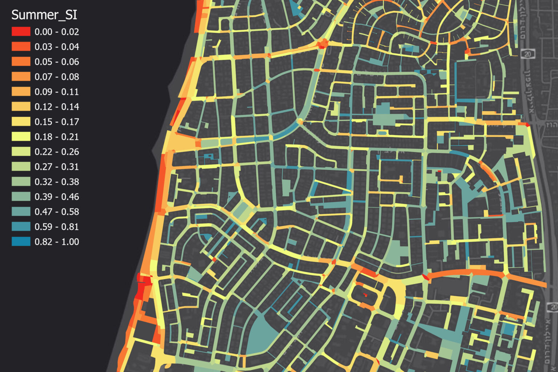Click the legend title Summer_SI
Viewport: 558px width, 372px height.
click(x=44, y=15)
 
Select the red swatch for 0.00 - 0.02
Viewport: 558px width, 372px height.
click(x=21, y=32)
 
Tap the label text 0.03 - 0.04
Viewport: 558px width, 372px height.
click(x=57, y=47)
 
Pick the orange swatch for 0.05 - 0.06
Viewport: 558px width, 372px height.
click(x=21, y=62)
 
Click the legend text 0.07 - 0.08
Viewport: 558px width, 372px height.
click(x=57, y=77)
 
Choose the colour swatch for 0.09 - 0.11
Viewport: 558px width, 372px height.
click(x=21, y=92)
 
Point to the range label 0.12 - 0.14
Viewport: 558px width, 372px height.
click(x=57, y=107)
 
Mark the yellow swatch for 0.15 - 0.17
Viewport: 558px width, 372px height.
click(x=21, y=122)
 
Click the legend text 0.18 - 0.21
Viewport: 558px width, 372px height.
click(x=57, y=137)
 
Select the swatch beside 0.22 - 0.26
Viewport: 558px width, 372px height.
click(x=21, y=151)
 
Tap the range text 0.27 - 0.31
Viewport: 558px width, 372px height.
click(x=57, y=167)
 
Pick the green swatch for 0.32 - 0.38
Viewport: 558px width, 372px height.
click(x=21, y=182)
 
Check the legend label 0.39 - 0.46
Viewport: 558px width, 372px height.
click(x=57, y=197)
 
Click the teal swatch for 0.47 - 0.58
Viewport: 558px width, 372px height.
click(x=21, y=211)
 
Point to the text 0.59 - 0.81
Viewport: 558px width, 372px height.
click(x=57, y=227)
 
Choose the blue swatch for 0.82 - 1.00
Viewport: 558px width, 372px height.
click(x=21, y=242)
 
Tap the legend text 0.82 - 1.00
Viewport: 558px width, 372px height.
click(x=57, y=242)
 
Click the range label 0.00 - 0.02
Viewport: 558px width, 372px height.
click(x=57, y=32)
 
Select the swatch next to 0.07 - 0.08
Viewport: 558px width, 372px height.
click(x=21, y=77)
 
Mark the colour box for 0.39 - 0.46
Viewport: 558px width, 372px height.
click(x=21, y=197)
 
